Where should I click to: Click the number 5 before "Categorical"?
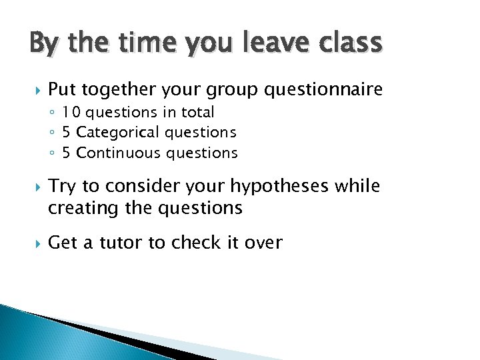click(x=67, y=133)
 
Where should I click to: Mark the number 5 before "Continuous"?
click(x=67, y=153)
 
